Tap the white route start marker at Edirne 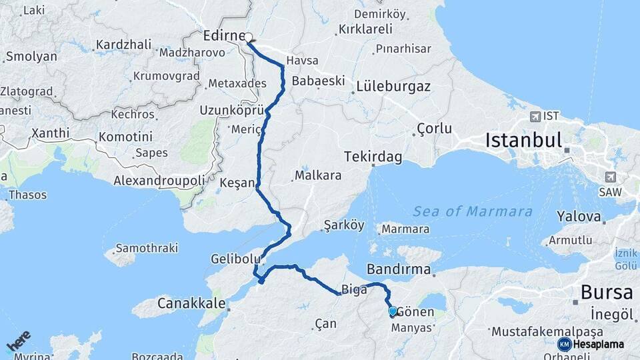(x=248, y=37)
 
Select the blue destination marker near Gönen (x=393, y=311)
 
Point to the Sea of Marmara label (x=473, y=211)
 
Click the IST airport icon (x=535, y=117)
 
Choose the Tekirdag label (x=373, y=157)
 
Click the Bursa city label (x=607, y=292)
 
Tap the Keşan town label (x=237, y=183)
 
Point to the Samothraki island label (x=147, y=248)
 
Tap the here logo (x=18, y=341)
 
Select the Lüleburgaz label (x=393, y=86)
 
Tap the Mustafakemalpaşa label (x=547, y=331)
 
